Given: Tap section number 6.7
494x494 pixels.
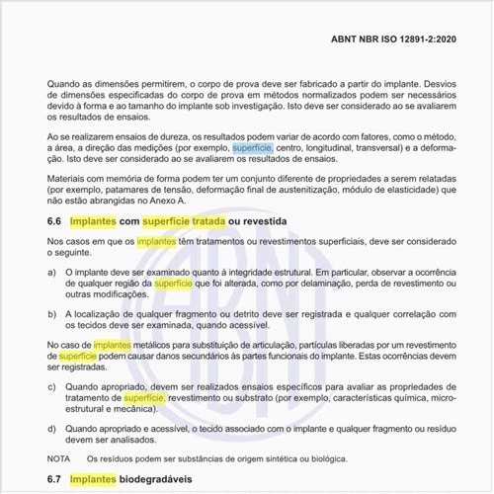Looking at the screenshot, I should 57,479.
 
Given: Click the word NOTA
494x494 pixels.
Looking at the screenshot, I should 60,458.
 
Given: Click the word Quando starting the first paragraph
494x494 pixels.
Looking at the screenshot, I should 64,86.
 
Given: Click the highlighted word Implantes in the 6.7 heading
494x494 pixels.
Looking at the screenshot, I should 100,479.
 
